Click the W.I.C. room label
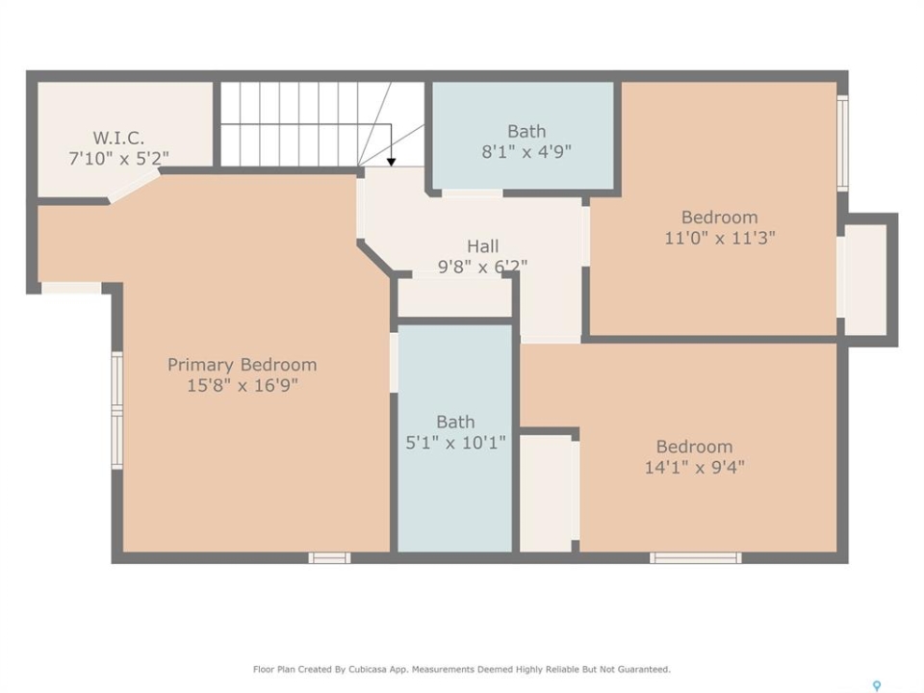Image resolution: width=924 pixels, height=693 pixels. [x=118, y=138]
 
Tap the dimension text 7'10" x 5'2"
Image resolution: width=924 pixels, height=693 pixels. [x=119, y=159]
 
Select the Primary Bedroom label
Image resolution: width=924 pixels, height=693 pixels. [x=243, y=365]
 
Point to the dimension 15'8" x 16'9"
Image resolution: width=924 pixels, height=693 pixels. [x=243, y=385]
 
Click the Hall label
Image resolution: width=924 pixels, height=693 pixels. [x=483, y=246]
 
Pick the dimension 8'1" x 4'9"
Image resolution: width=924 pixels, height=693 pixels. [x=526, y=152]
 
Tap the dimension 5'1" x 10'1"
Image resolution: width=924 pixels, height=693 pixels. [x=455, y=443]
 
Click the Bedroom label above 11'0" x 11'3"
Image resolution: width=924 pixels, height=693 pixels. [x=720, y=218]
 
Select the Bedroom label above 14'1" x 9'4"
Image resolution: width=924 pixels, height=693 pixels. [x=695, y=447]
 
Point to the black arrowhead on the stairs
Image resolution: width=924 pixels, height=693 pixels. [x=392, y=162]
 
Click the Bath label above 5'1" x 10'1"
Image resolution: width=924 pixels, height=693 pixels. [x=455, y=422]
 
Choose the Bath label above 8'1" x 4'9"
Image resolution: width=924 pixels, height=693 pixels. [x=526, y=132]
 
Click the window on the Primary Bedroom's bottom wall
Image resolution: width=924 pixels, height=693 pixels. [x=329, y=557]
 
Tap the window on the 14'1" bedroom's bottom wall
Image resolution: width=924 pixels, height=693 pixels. [x=695, y=557]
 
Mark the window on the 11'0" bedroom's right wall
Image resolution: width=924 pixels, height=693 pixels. [x=843, y=143]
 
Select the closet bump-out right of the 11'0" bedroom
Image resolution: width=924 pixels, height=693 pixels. [x=865, y=280]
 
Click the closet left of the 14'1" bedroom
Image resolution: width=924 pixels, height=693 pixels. [x=547, y=494]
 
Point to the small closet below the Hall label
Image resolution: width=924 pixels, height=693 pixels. [x=454, y=297]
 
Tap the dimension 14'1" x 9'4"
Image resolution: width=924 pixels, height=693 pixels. [x=695, y=468]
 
